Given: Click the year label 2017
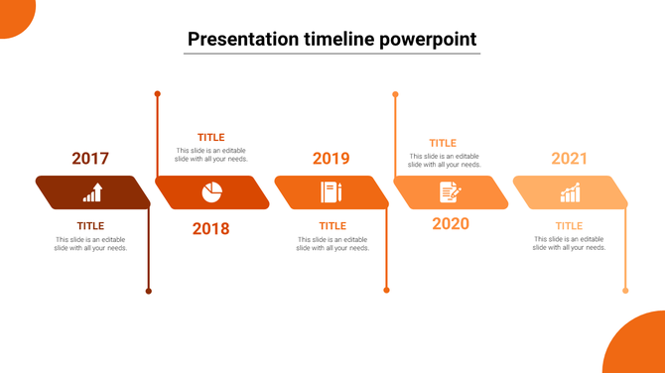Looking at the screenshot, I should coord(90,159).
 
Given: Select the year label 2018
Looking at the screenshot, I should coord(210,229).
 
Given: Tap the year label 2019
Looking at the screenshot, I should coord(332,159).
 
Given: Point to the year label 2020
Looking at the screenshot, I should coord(451,224).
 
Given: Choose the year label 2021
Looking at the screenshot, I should coord(570,159).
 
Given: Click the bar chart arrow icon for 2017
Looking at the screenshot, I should coord(92,192).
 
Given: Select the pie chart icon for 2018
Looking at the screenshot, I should coord(212,191).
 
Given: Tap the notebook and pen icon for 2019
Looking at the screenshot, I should coord(331,192).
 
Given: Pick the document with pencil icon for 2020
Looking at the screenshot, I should coord(450,192).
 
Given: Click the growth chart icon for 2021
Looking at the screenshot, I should coord(570,192).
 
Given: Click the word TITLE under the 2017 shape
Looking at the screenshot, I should coord(90,226).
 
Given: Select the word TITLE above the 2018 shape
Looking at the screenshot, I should coord(210,138).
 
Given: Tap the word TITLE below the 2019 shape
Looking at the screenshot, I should coord(332,226).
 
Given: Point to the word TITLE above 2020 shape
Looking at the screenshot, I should coord(443,144).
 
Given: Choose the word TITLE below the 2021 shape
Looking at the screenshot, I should coord(569,226).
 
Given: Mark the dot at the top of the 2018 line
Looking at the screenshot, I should coord(157,94).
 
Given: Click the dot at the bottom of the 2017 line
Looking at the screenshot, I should coord(149,291).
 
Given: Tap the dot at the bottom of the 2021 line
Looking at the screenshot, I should coord(625,291).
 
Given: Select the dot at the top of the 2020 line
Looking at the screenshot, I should coord(395,95).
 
